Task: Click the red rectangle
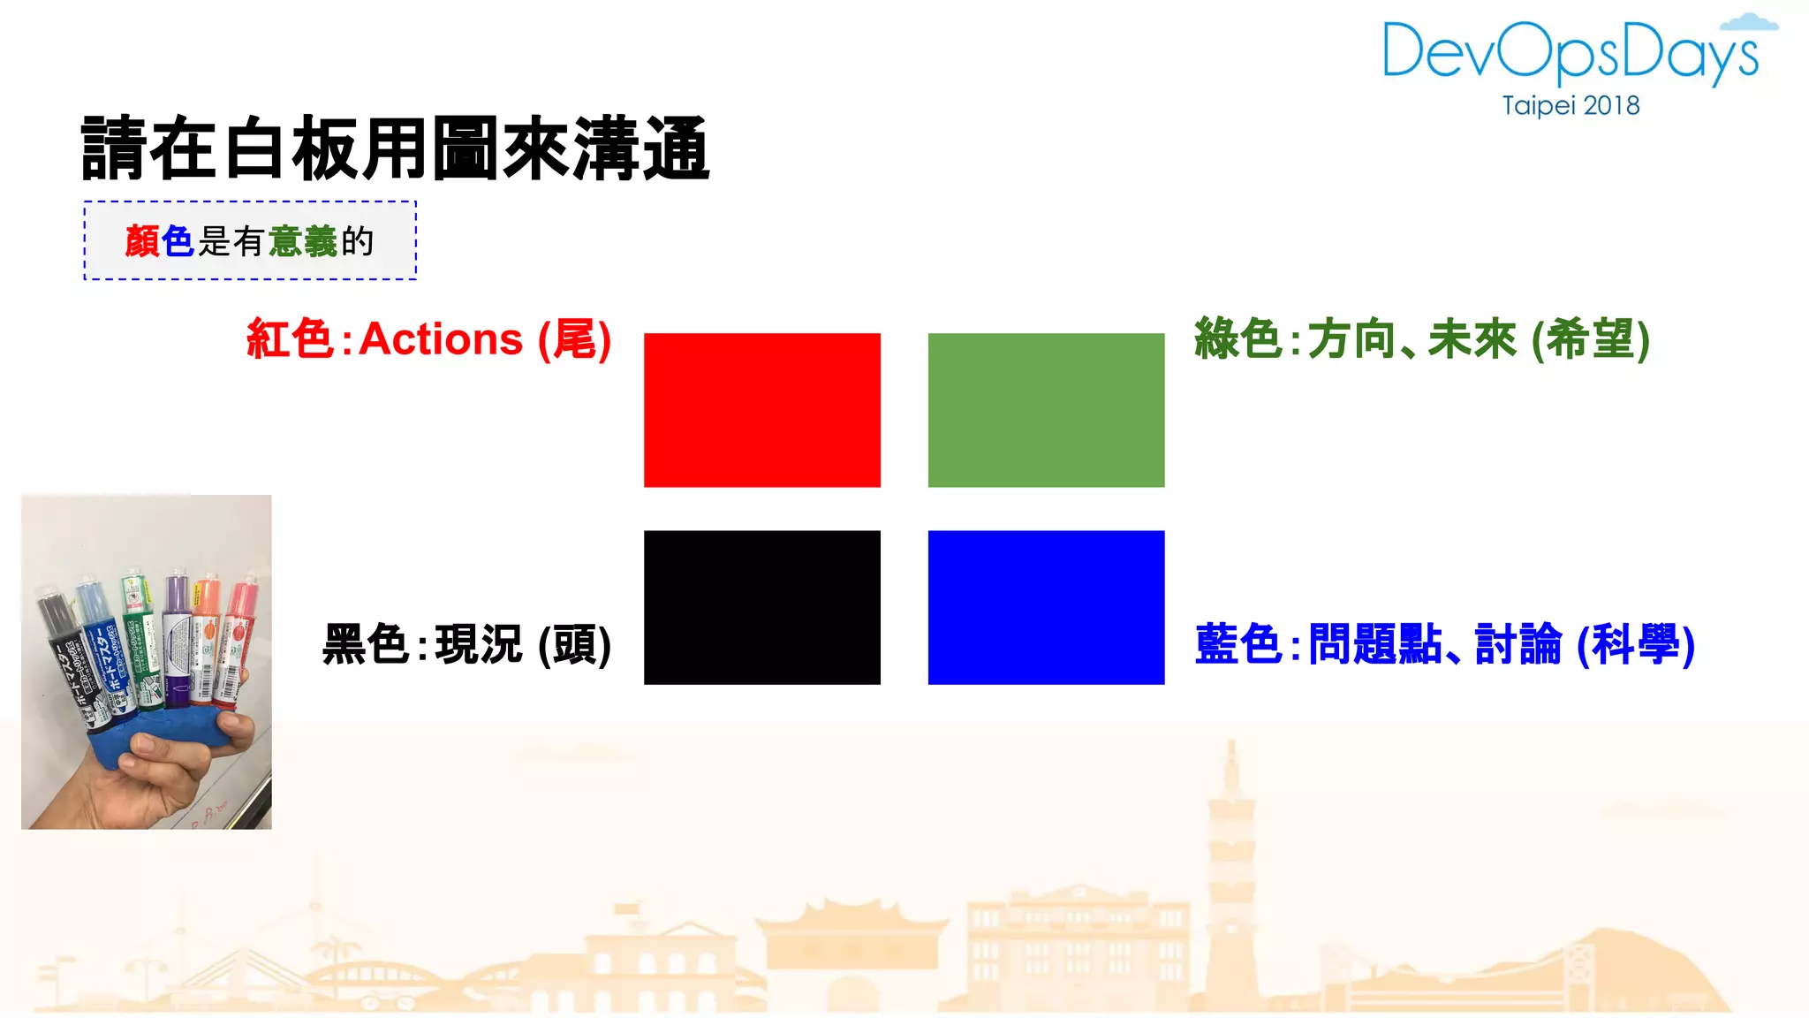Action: click(761, 410)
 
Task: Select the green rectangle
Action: click(1046, 410)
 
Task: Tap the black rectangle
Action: click(761, 607)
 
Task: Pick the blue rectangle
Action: click(1046, 607)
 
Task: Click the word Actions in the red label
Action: click(441, 339)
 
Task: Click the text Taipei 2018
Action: click(1571, 106)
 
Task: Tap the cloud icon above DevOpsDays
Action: click(1749, 23)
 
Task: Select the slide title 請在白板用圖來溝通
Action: click(395, 148)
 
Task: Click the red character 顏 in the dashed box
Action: click(141, 241)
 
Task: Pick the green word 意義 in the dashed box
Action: click(302, 241)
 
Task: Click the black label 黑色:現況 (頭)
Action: click(466, 644)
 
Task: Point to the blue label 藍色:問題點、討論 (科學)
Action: click(1444, 644)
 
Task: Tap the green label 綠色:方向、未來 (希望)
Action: click(1421, 339)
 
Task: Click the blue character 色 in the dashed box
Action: click(178, 241)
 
